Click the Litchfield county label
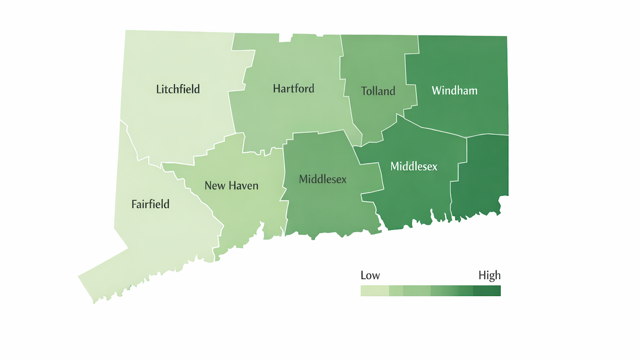pos(178,89)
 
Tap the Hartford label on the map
pos(293,89)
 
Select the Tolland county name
pos(378,91)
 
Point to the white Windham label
pos(454,91)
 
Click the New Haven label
pos(231,186)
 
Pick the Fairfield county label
pos(150,204)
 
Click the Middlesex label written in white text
pos(414,166)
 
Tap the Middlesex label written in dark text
pos(323,179)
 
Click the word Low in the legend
pos(370,276)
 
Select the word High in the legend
pos(489,276)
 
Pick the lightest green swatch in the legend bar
pos(374,291)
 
